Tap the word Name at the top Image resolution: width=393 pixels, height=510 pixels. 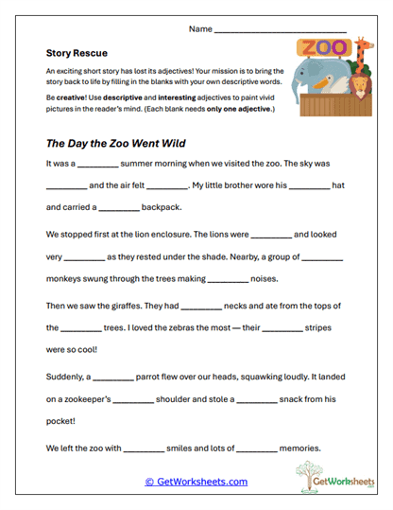[200, 29]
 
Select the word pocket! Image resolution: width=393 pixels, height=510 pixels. [63, 421]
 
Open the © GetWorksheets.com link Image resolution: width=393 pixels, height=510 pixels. [196, 482]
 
